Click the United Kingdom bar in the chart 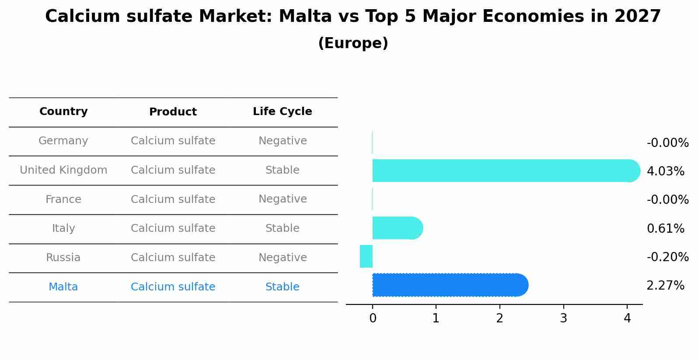click(x=503, y=171)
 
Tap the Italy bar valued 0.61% click(x=396, y=228)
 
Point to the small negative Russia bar click(x=366, y=256)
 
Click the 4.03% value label click(x=665, y=171)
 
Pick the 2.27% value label click(x=665, y=286)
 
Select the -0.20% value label click(x=667, y=257)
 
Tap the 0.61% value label click(x=665, y=229)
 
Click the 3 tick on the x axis click(x=563, y=318)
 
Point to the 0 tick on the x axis click(x=373, y=318)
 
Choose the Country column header click(x=63, y=112)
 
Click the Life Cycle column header click(x=282, y=112)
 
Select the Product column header click(x=173, y=112)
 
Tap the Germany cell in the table click(x=63, y=141)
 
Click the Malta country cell click(x=63, y=287)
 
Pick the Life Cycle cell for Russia click(x=282, y=258)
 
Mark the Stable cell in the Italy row click(x=282, y=228)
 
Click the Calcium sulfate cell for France click(x=173, y=199)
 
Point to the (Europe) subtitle click(x=353, y=43)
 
